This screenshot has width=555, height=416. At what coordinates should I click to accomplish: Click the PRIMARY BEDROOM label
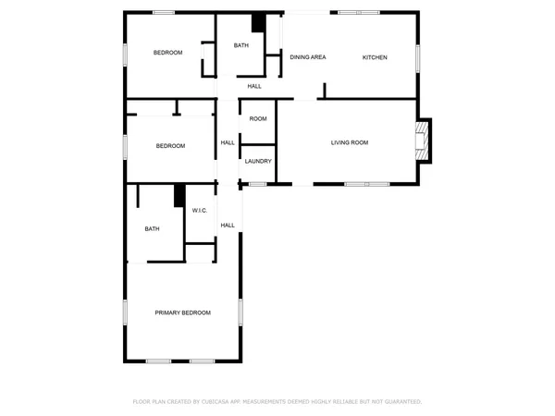[x=182, y=312]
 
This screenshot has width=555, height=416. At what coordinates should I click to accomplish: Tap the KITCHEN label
[x=374, y=57]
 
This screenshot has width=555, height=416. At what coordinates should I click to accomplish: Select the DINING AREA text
[x=308, y=57]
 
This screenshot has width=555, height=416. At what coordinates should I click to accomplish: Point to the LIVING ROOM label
[x=350, y=142]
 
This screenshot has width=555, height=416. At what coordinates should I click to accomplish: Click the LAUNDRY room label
[x=258, y=162]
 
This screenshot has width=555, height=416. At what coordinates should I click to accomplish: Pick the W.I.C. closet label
[x=200, y=212]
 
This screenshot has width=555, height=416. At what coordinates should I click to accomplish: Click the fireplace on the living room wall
[x=424, y=141]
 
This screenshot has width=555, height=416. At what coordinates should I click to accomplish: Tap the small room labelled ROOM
[x=258, y=118]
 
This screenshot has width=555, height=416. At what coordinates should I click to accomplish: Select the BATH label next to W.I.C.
[x=153, y=229]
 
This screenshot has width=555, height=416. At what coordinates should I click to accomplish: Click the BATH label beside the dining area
[x=240, y=45]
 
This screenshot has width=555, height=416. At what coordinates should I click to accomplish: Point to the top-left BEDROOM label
[x=167, y=53]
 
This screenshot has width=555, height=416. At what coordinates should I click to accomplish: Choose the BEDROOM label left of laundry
[x=170, y=146]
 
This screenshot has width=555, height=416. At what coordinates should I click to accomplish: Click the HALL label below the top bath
[x=254, y=86]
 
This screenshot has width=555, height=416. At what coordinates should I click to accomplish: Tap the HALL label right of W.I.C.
[x=228, y=225]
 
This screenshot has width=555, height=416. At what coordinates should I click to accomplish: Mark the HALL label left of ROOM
[x=228, y=142]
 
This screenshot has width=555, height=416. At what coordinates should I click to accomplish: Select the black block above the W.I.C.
[x=179, y=196]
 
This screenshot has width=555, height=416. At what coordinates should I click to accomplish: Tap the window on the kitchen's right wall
[x=418, y=57]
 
